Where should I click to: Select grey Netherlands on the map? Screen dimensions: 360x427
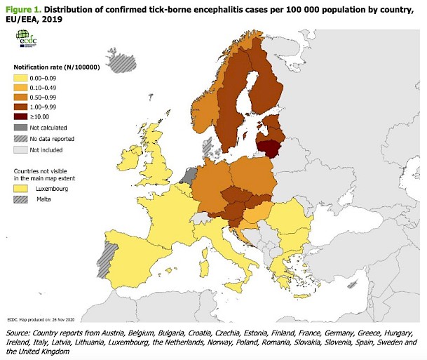(188, 171)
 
